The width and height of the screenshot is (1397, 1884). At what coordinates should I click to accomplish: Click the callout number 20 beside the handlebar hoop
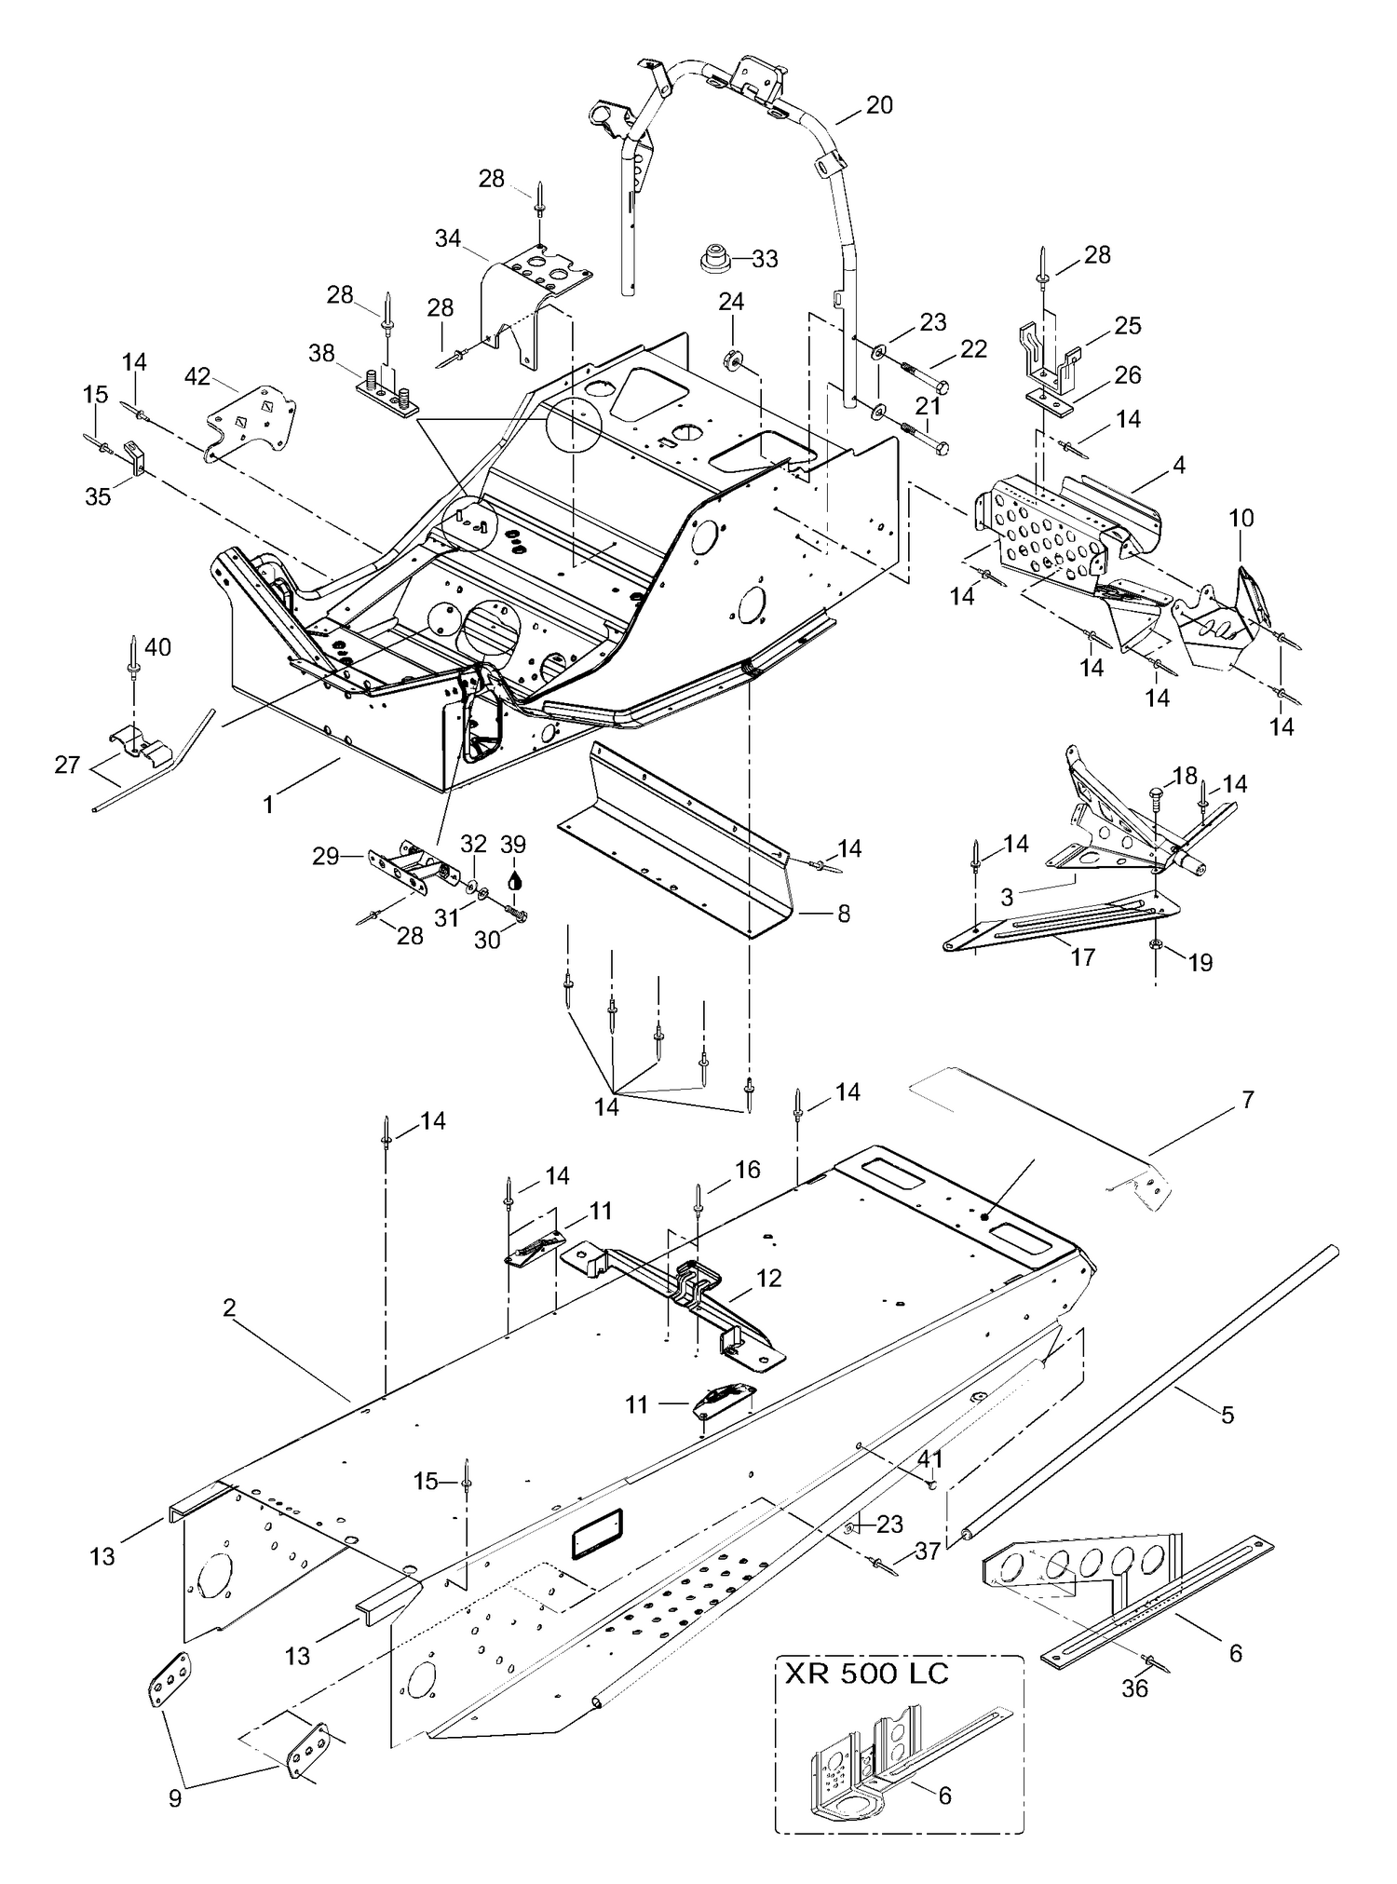878,105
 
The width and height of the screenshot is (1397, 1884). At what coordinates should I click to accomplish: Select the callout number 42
197,376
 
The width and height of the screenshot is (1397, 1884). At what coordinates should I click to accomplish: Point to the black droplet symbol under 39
514,878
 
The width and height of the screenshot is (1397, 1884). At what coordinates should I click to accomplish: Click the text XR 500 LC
867,1674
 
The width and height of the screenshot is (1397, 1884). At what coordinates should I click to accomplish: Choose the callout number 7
1248,1100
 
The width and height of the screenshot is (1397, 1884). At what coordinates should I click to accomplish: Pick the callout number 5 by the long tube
1227,1415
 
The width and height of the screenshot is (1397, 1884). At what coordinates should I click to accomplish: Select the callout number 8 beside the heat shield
844,914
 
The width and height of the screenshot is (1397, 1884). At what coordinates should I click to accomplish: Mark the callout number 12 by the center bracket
769,1278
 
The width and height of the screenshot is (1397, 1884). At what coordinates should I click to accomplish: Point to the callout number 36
1134,1687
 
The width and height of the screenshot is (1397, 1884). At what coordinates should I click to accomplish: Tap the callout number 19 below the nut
1200,962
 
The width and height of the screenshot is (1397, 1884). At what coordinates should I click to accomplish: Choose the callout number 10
1241,518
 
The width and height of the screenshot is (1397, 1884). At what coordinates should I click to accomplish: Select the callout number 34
448,238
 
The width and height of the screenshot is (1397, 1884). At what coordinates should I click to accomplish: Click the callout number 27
67,765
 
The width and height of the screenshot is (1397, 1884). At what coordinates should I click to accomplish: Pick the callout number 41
930,1458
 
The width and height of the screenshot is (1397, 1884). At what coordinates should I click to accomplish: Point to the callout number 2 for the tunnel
229,1308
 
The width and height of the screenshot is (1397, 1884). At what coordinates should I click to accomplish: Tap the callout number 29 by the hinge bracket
325,856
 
